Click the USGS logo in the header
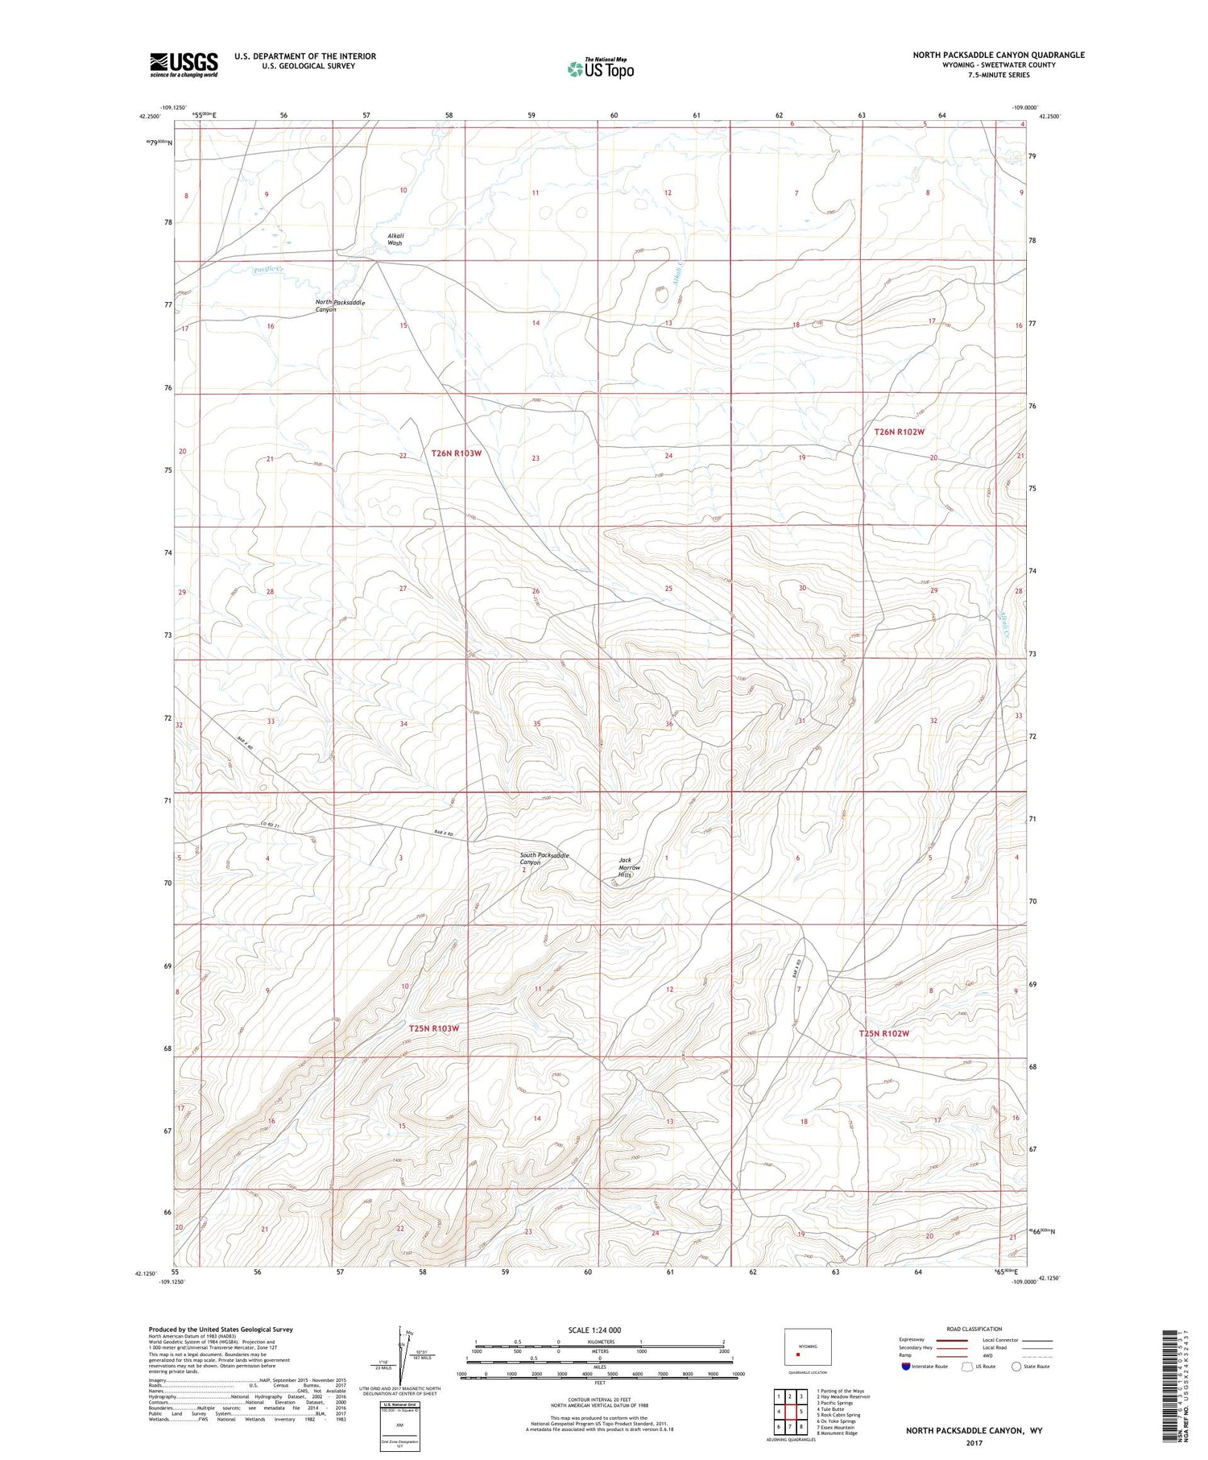[184, 64]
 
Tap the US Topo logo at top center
[601, 68]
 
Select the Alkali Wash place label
[395, 239]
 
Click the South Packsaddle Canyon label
[544, 858]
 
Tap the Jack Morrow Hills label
[630, 867]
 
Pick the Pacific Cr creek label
[268, 269]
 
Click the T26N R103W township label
[456, 453]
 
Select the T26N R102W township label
[900, 432]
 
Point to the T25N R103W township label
[433, 1028]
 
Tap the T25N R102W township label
[883, 1033]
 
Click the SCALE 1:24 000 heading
[594, 1330]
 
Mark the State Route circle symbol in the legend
[1016, 1367]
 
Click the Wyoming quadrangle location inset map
[807, 1346]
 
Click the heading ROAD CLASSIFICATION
[974, 1330]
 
